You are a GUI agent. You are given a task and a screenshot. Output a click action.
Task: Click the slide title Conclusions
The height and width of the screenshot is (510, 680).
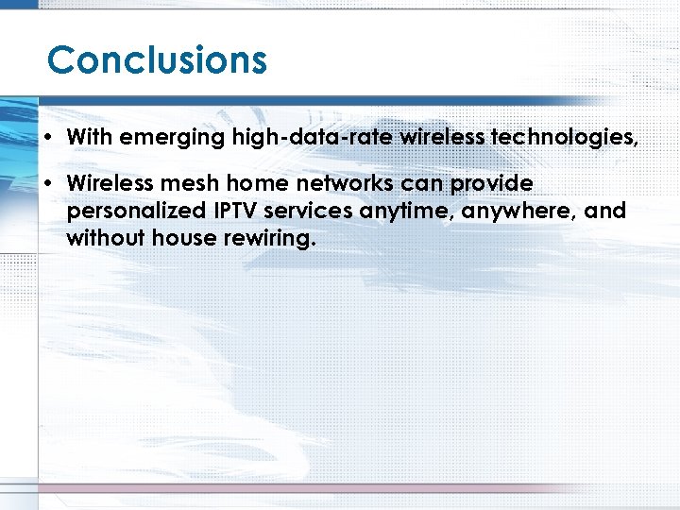[157, 59]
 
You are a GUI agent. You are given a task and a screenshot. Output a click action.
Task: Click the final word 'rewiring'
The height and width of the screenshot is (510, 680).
[269, 239]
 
